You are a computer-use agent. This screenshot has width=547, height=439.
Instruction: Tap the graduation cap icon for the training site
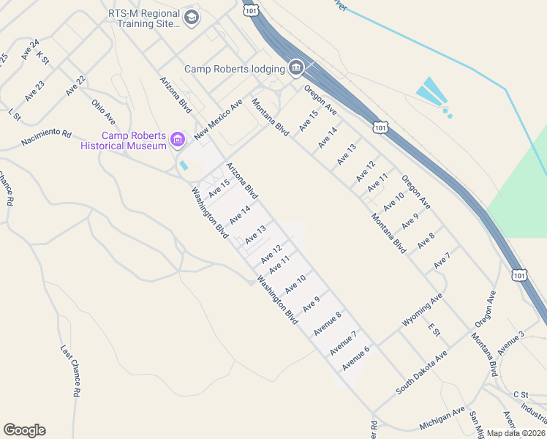tap(191, 18)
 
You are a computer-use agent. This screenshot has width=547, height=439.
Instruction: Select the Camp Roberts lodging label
tap(234, 69)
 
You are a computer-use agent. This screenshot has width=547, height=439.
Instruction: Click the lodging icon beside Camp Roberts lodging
tap(296, 69)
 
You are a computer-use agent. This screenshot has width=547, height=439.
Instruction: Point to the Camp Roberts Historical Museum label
tap(124, 140)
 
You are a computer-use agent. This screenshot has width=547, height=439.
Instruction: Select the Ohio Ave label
tap(104, 111)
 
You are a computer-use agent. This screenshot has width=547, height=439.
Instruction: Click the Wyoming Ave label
tap(422, 310)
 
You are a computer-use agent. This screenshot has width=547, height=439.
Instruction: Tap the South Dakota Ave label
tap(421, 372)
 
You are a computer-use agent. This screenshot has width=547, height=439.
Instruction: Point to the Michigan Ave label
tap(442, 419)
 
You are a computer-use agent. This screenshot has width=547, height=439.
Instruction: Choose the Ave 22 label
tap(75, 86)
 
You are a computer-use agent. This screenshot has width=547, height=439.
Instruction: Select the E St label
tap(434, 331)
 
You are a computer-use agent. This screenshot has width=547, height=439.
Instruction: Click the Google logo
tap(24, 430)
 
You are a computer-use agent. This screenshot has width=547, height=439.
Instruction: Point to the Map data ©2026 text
tap(516, 433)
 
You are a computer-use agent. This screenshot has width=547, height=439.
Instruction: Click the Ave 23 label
tap(34, 91)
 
